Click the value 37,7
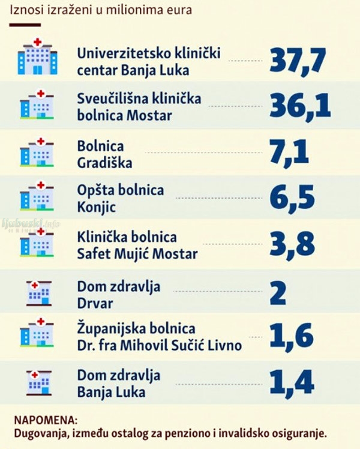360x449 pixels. [x=298, y=61]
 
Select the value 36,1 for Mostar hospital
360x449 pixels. [x=300, y=106]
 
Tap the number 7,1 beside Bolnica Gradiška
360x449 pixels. [x=289, y=152]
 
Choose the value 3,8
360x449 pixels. [x=292, y=244]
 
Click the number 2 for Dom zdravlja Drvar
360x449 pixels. [x=278, y=293]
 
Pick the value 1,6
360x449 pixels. [x=292, y=336]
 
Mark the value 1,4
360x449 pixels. [x=292, y=382]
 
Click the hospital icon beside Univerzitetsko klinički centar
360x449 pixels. [x=37, y=56]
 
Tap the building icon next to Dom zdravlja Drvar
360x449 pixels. [x=39, y=293]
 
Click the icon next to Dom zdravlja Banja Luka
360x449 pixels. [x=39, y=383]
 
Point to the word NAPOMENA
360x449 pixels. [x=46, y=420]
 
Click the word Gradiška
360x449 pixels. [x=104, y=163]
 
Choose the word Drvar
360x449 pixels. [x=95, y=304]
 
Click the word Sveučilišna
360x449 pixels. [x=113, y=98]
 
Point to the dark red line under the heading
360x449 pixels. [x=25, y=25]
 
